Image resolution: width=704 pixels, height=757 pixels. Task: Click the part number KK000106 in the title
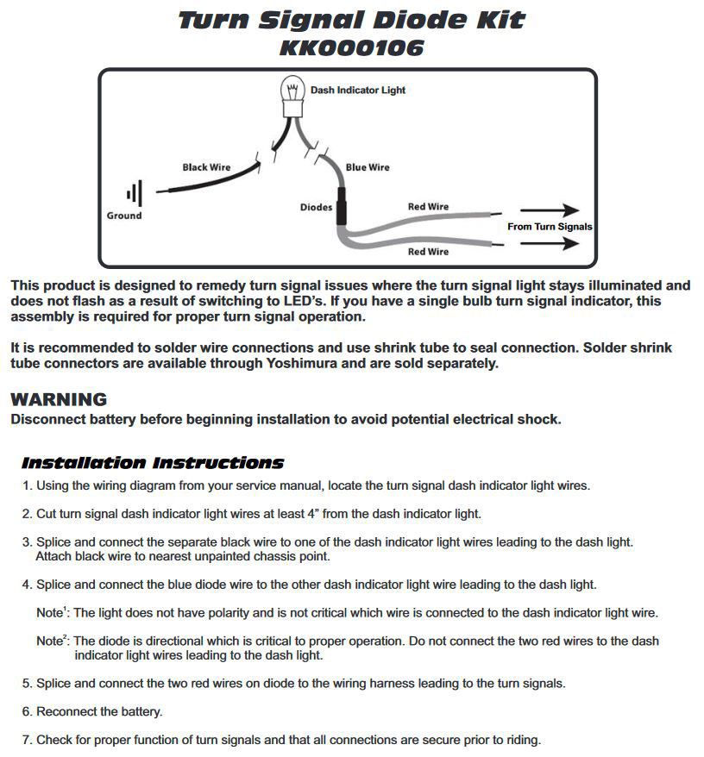[351, 48]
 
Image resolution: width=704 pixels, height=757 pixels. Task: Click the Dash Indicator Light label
[357, 90]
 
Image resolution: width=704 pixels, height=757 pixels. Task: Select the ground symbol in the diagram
[135, 194]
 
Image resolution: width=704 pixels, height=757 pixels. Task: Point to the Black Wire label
[206, 167]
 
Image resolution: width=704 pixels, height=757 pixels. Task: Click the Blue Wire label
[368, 167]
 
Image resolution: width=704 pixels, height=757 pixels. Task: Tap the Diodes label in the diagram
[316, 208]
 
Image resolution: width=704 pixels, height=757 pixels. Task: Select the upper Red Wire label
[428, 207]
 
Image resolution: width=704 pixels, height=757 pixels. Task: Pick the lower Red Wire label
[428, 252]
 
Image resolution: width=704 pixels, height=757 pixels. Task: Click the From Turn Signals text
[550, 227]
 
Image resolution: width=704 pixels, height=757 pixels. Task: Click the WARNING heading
[58, 400]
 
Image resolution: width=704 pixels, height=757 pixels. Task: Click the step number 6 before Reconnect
[26, 712]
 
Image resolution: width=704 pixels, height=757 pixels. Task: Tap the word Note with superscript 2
[51, 642]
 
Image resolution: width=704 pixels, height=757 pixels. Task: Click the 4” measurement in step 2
[313, 514]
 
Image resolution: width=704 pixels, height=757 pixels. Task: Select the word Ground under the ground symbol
[123, 216]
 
